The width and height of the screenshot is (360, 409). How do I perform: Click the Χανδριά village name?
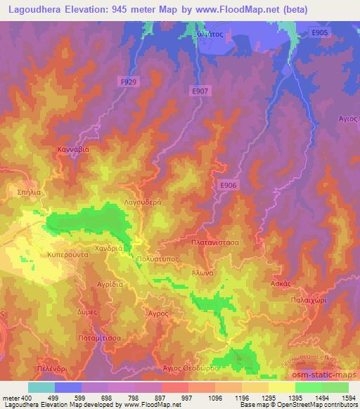tap(109, 248)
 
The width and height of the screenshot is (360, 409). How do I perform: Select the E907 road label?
tap(200, 91)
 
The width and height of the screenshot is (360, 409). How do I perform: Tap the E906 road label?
tap(226, 184)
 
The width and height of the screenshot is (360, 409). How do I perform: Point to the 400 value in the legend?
tap(22, 398)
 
